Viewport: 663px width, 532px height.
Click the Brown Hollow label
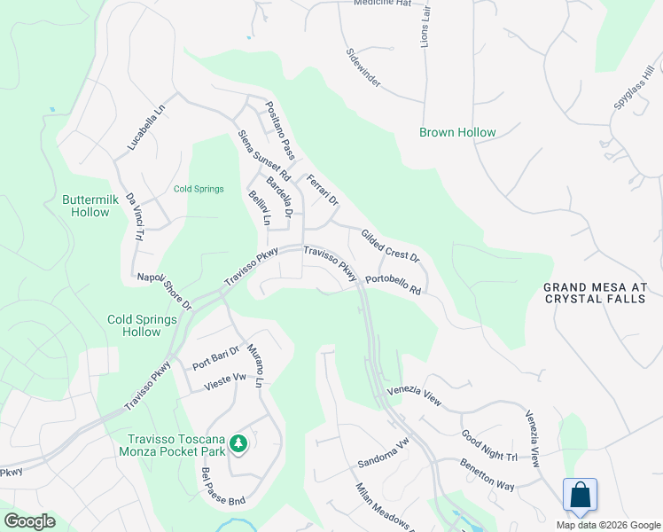pyautogui.click(x=457, y=133)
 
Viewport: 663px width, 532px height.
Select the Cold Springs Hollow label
pyautogui.click(x=134, y=325)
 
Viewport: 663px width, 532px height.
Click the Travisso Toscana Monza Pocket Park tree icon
pyautogui.click(x=238, y=442)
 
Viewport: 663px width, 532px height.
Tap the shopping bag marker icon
pyautogui.click(x=580, y=493)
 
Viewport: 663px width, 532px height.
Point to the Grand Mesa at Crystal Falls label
pyautogui.click(x=595, y=293)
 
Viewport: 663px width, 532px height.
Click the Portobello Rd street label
pyautogui.click(x=392, y=284)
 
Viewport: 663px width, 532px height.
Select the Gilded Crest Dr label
pyautogui.click(x=389, y=245)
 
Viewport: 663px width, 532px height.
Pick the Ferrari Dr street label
pyautogui.click(x=323, y=190)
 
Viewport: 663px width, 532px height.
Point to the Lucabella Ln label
pyautogui.click(x=146, y=128)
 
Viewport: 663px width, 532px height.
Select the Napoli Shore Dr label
pyautogui.click(x=164, y=291)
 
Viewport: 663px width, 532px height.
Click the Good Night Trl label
pyautogui.click(x=488, y=446)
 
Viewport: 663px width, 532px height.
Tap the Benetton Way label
pyautogui.click(x=487, y=474)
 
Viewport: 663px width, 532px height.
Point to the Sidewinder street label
pyautogui.click(x=363, y=68)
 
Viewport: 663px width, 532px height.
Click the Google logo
pyautogui.click(x=28, y=521)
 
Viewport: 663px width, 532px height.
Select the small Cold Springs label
pyautogui.click(x=199, y=189)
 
